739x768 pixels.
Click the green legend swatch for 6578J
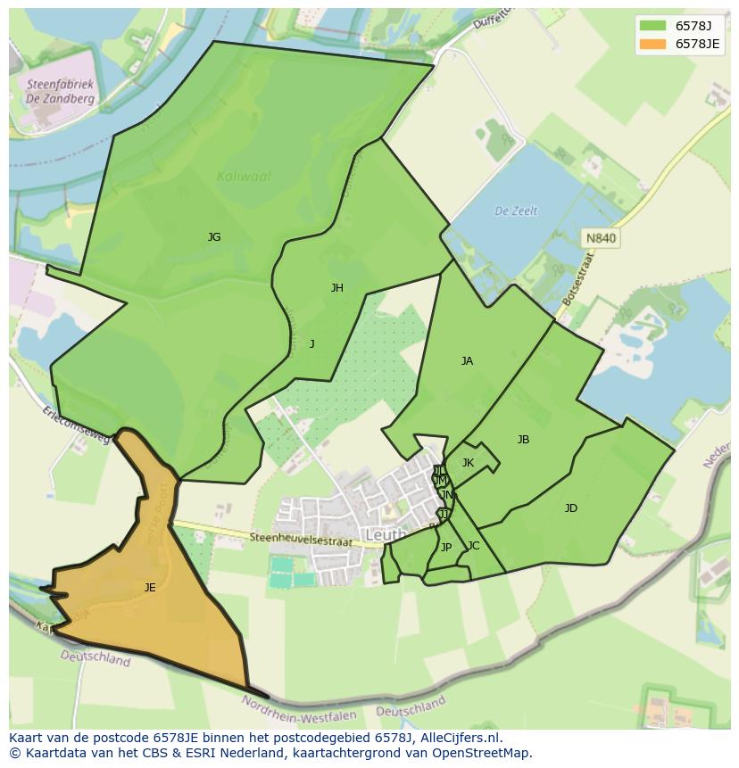652,25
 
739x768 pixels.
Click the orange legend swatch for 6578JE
652,44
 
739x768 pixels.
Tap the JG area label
214,237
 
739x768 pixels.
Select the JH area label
337,287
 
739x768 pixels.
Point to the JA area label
467,361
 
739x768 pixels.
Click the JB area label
523,440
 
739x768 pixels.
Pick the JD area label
571,508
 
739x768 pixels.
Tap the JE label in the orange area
150,587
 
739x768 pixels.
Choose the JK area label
468,463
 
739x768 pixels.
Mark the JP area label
446,548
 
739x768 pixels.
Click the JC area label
473,546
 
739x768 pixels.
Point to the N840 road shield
600,239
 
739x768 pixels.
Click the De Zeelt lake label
517,211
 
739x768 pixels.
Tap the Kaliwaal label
244,177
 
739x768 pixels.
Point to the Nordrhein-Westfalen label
299,709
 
